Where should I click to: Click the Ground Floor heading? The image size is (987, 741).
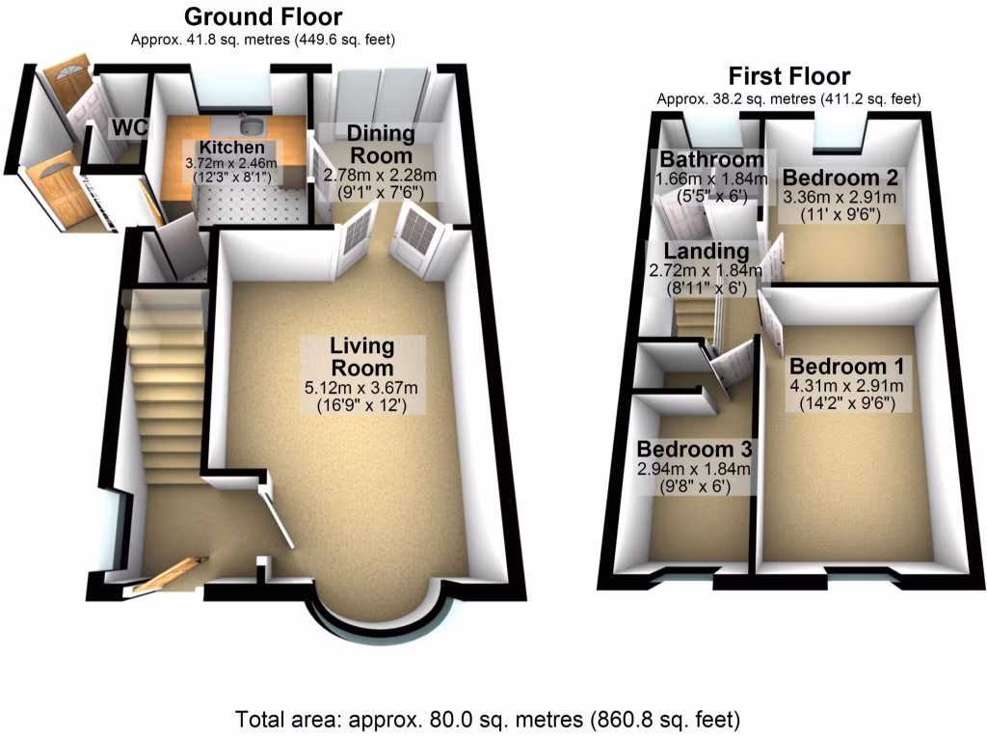[x=262, y=16]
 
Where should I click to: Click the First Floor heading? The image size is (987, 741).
[x=788, y=75]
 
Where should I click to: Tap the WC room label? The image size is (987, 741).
[x=128, y=127]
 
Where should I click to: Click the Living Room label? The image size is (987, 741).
[x=361, y=356]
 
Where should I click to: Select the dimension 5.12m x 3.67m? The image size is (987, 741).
[x=361, y=389]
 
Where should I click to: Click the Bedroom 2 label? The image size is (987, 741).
[x=840, y=178]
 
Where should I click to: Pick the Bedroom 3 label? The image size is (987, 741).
[x=694, y=450]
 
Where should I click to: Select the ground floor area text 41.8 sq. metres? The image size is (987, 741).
[x=262, y=41]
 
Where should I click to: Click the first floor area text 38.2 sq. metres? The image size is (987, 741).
[x=788, y=98]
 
